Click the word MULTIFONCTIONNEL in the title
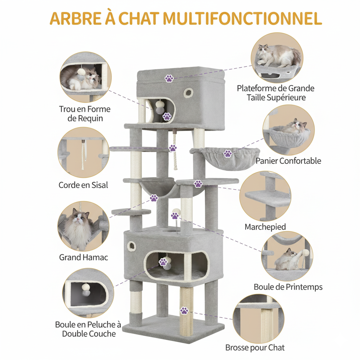[242, 19]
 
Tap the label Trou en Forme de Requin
[85, 114]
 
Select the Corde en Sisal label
[83, 185]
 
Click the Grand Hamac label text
[83, 257]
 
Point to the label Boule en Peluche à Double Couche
[88, 329]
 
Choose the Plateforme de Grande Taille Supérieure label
[275, 93]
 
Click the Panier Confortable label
[288, 161]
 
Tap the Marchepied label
[265, 227]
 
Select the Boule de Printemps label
[288, 287]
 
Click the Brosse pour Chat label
[255, 348]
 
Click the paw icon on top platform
[169, 78]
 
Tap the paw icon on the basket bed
[228, 153]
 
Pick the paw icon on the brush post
[184, 310]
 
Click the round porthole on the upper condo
[189, 92]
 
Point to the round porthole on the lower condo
[132, 245]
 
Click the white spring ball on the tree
[175, 212]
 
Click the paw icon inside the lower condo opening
[163, 262]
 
